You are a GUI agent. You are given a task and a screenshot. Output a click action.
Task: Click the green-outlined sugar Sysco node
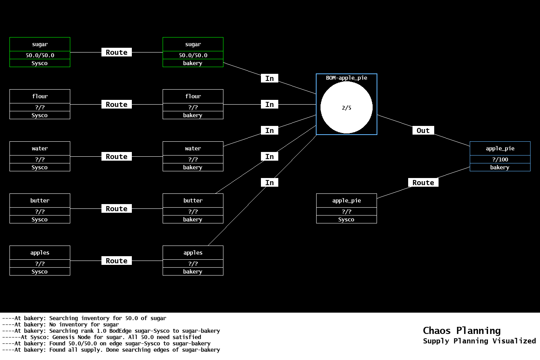coord(40,52)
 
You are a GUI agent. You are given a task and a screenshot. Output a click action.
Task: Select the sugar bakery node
coord(193,52)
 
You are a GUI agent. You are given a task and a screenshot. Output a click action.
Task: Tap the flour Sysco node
coord(40,104)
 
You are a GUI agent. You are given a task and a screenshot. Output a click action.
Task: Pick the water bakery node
coord(193,156)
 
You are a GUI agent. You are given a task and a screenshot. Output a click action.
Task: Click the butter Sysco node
coord(40,208)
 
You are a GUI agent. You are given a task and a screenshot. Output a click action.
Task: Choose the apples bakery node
coord(193,261)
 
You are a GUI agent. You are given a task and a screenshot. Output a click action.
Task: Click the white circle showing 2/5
coord(347,107)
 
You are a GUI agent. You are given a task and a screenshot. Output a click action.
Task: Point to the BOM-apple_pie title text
coord(347,78)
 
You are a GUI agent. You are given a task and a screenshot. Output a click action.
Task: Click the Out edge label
coord(423,131)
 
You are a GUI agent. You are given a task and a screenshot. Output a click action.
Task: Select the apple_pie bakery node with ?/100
coord(500,156)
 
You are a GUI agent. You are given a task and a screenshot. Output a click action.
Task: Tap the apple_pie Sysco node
coord(347,208)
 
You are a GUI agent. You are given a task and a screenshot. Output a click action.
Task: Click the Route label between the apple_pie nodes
coord(423,183)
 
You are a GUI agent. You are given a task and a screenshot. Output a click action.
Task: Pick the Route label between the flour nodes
coord(116,104)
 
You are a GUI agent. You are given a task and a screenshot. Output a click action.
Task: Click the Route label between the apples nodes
coord(116,261)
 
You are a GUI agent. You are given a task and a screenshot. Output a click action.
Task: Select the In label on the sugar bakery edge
coord(270,79)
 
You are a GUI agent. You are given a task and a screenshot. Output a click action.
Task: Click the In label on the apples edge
coord(270,182)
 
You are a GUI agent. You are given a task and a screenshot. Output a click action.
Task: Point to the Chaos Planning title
coord(461,331)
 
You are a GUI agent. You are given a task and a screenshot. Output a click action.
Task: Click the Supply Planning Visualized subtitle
coord(479,341)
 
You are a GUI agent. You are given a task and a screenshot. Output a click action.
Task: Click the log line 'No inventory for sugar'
coord(60,324)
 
